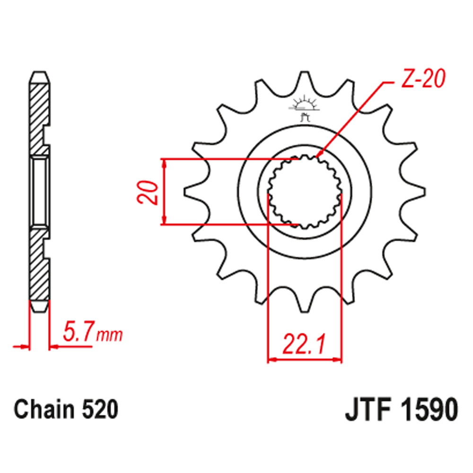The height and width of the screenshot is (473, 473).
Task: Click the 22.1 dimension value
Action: [x=304, y=344]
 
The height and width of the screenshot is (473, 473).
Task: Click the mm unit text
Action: [x=110, y=336]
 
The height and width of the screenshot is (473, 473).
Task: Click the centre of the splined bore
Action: [x=305, y=192]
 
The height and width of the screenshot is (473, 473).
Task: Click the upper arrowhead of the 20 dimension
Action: [x=164, y=162]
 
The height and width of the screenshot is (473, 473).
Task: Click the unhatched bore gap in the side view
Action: [x=40, y=192]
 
